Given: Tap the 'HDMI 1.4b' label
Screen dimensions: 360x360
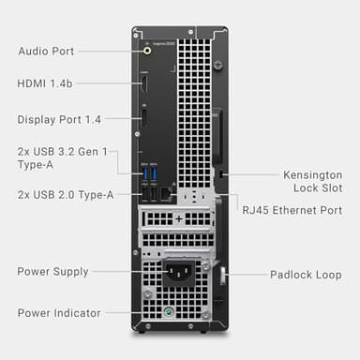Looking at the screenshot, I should pyautogui.click(x=45, y=84).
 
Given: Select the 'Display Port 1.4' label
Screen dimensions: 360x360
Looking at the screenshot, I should pyautogui.click(x=59, y=119).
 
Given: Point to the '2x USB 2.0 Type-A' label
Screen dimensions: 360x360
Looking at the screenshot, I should pyautogui.click(x=65, y=194).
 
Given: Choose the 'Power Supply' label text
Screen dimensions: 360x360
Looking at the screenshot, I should pyautogui.click(x=52, y=272).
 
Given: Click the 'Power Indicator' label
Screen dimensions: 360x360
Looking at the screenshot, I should pyautogui.click(x=57, y=312).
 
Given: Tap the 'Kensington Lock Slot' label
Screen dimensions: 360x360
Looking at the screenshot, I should pyautogui.click(x=312, y=181).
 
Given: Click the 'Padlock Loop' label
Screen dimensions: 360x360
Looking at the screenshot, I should pyautogui.click(x=306, y=275).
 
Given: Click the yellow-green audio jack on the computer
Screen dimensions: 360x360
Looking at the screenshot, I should pyautogui.click(x=146, y=52).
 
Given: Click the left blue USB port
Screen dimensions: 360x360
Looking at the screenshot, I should pyautogui.click(x=146, y=173).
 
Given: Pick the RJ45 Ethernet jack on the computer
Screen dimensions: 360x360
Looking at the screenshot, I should pyautogui.click(x=166, y=193).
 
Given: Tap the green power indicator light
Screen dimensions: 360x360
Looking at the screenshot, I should pyautogui.click(x=168, y=312).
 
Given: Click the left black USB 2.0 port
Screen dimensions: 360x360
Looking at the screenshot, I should pyautogui.click(x=146, y=193).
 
